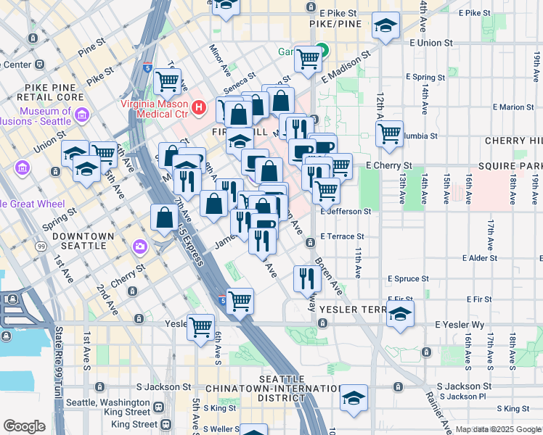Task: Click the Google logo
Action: tap(24, 426)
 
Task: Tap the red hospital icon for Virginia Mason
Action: tap(196, 95)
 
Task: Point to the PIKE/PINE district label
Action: tap(331, 25)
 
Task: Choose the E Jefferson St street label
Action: tap(346, 211)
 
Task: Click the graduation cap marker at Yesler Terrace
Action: tap(399, 315)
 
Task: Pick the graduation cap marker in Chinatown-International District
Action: tap(354, 398)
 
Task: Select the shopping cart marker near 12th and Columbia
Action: tap(390, 133)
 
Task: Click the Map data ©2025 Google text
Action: tap(497, 429)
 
